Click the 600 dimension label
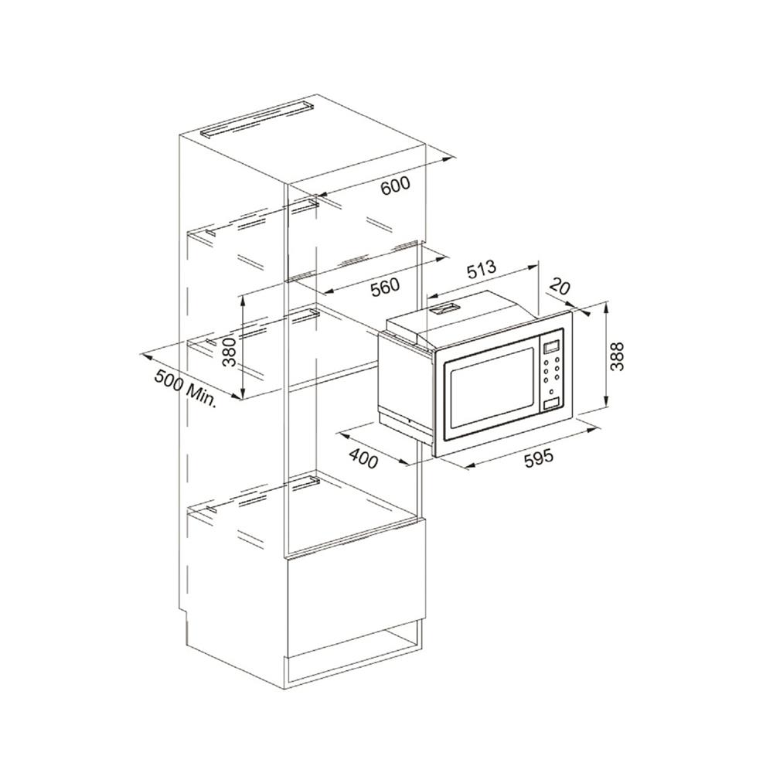tap(395, 186)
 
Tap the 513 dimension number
tap(481, 270)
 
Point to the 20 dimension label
tap(559, 287)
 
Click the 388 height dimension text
tap(617, 356)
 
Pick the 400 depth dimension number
tap(364, 458)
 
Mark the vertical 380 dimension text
tap(230, 352)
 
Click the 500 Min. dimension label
tap(186, 387)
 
